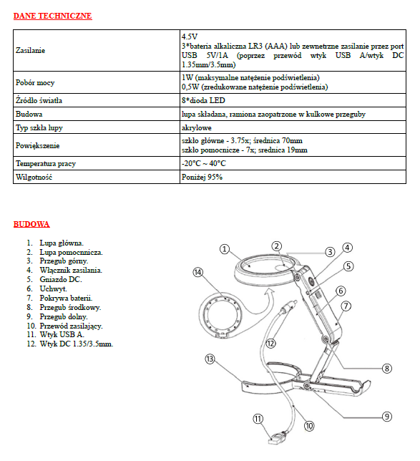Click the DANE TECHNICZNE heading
click(53, 16)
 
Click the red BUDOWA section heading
click(31, 224)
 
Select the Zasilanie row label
click(30, 50)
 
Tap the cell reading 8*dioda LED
click(203, 100)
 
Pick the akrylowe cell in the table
click(196, 127)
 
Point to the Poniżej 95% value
click(202, 177)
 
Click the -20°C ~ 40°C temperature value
click(203, 163)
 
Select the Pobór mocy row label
click(35, 82)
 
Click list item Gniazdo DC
click(61, 279)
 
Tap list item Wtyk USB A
click(62, 334)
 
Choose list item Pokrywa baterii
click(66, 298)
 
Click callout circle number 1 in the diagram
click(225, 249)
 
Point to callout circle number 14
click(198, 272)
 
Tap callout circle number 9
click(387, 417)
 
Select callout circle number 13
click(210, 359)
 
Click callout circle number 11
click(258, 419)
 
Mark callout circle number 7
click(346, 306)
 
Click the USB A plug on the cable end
click(277, 438)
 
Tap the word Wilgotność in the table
click(34, 177)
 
